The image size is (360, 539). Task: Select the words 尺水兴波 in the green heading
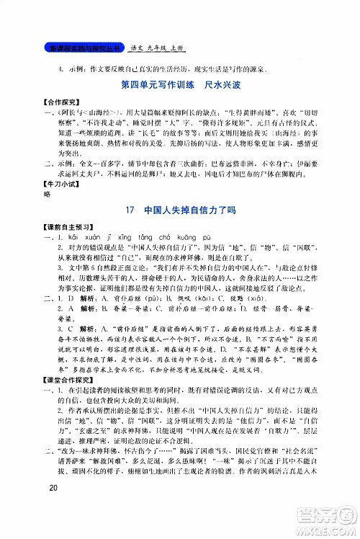(213, 92)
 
